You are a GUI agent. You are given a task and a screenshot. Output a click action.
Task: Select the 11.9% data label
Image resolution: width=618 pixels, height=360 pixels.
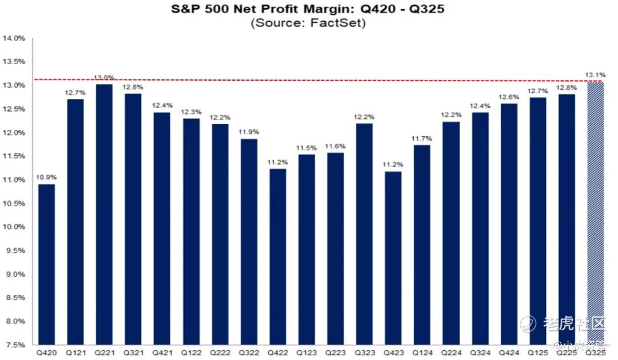248,132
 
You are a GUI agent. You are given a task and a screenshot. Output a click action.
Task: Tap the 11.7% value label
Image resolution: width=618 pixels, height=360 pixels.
421,139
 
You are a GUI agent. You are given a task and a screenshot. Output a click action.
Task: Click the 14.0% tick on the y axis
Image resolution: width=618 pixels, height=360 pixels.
14,38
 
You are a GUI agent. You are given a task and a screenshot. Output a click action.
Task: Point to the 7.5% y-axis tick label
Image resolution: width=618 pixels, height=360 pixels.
14,345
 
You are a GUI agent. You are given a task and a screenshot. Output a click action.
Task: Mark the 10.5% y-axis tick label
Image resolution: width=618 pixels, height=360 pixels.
14,204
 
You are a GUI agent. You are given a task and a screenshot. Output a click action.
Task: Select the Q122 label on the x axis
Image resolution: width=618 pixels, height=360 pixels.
190,353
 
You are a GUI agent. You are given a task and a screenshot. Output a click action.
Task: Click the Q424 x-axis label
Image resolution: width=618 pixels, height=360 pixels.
508,353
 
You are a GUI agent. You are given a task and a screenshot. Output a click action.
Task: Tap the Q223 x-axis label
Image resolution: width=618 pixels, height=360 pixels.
335,353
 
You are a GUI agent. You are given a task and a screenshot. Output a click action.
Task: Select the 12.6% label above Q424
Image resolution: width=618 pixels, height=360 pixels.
508,97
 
